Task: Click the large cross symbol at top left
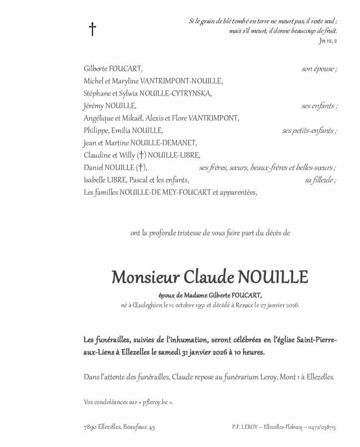(x=92, y=29)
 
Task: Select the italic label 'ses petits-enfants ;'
(x=310, y=130)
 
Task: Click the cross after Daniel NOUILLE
(x=141, y=167)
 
